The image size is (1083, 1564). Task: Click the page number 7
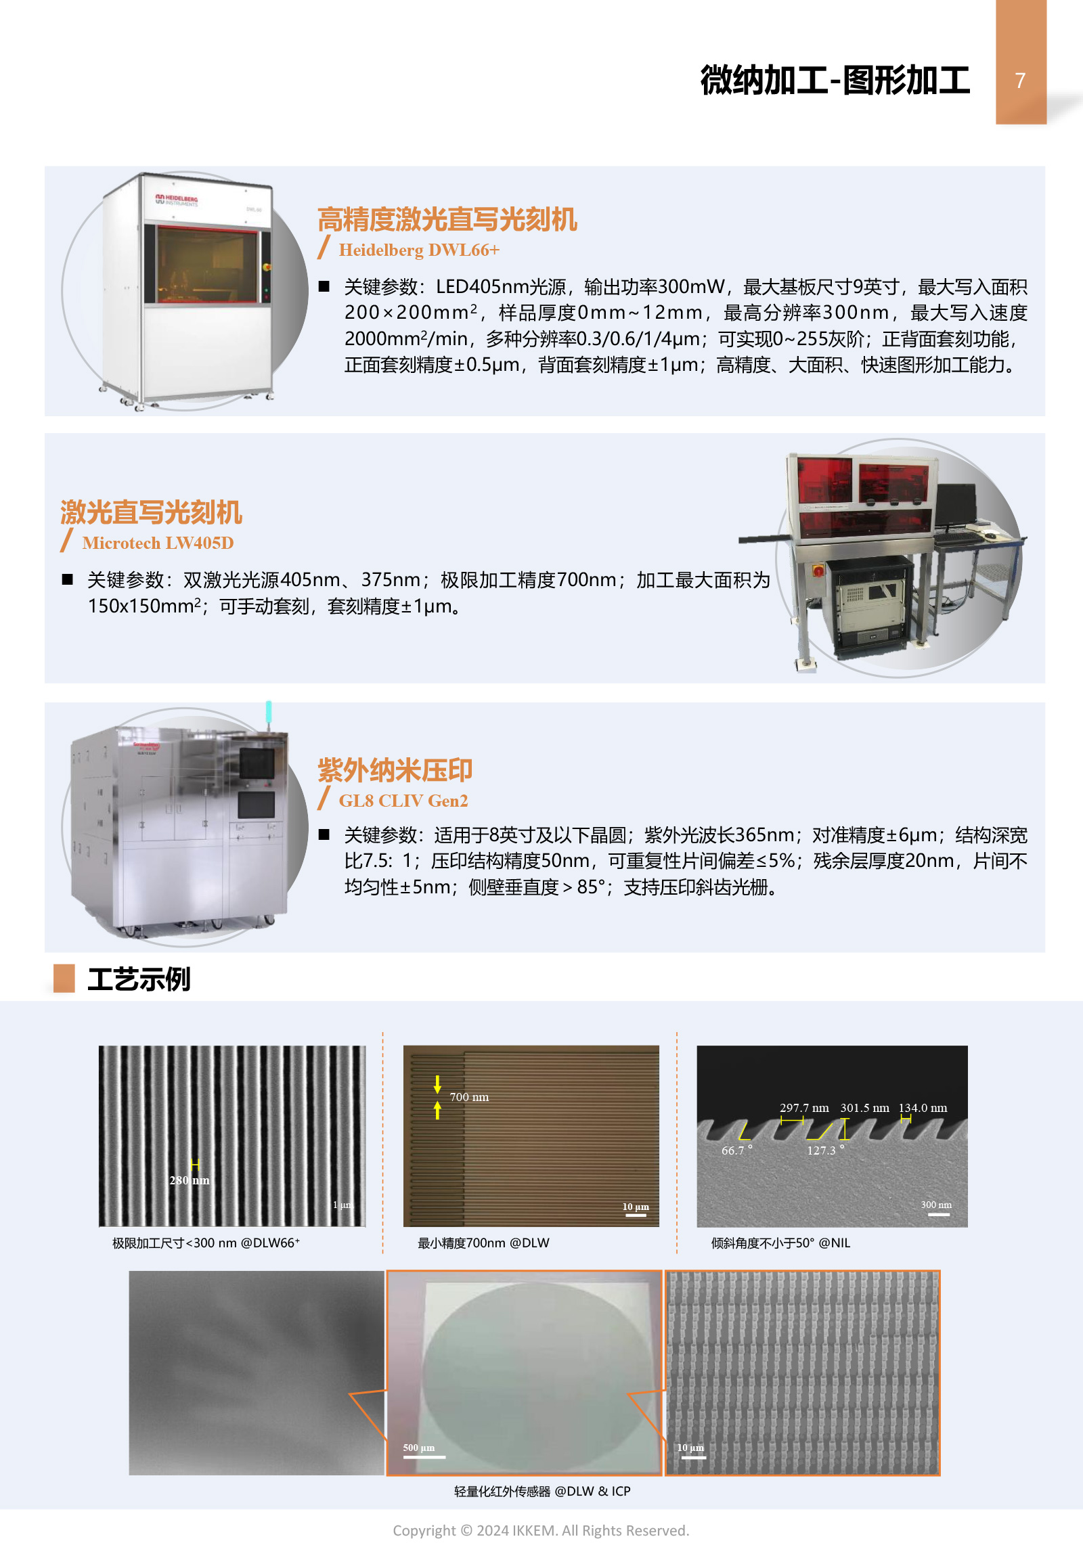(x=1019, y=81)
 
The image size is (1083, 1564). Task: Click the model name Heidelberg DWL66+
(x=419, y=250)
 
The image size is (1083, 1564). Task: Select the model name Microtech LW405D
(x=158, y=543)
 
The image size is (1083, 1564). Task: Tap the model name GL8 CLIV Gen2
(x=403, y=801)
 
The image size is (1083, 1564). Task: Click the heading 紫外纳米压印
(x=395, y=770)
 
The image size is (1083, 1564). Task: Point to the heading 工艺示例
(x=139, y=979)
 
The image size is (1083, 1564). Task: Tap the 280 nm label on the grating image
(x=190, y=1180)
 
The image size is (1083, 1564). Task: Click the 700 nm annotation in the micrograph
(x=469, y=1097)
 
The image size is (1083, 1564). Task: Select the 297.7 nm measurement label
(x=804, y=1108)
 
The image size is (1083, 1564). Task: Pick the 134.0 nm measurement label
(x=923, y=1108)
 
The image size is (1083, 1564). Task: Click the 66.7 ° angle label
(x=737, y=1150)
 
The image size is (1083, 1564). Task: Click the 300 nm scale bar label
(x=935, y=1205)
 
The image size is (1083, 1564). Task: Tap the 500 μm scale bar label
(x=419, y=1448)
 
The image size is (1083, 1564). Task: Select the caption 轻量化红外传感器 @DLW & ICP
(x=542, y=1491)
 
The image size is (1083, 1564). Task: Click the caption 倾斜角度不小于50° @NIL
(x=780, y=1243)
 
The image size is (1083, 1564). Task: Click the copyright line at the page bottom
(x=541, y=1530)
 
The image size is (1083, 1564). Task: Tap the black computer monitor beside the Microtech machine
(x=956, y=506)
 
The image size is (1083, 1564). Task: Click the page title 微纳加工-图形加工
(x=835, y=80)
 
